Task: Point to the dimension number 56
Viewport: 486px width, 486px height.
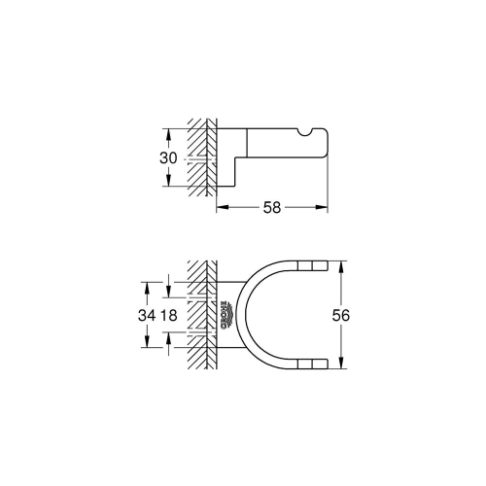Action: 340,315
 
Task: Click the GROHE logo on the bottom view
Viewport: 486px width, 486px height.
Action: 226,315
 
